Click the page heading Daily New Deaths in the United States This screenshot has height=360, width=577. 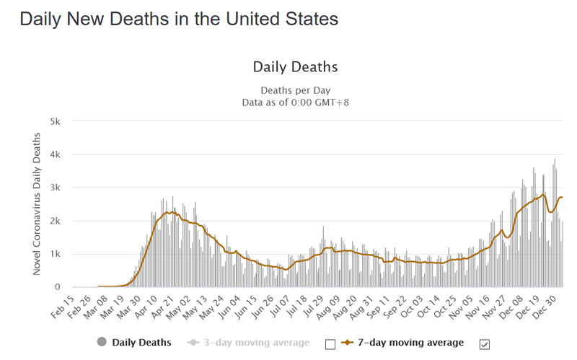pyautogui.click(x=179, y=19)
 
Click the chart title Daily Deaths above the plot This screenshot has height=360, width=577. pyautogui.click(x=295, y=67)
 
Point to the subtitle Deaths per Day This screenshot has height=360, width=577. pyautogui.click(x=296, y=90)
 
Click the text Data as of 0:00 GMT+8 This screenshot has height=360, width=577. pyautogui.click(x=296, y=102)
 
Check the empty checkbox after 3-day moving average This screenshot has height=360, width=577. pyautogui.click(x=330, y=344)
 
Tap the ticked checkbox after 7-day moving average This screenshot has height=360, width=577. pyautogui.click(x=485, y=344)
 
